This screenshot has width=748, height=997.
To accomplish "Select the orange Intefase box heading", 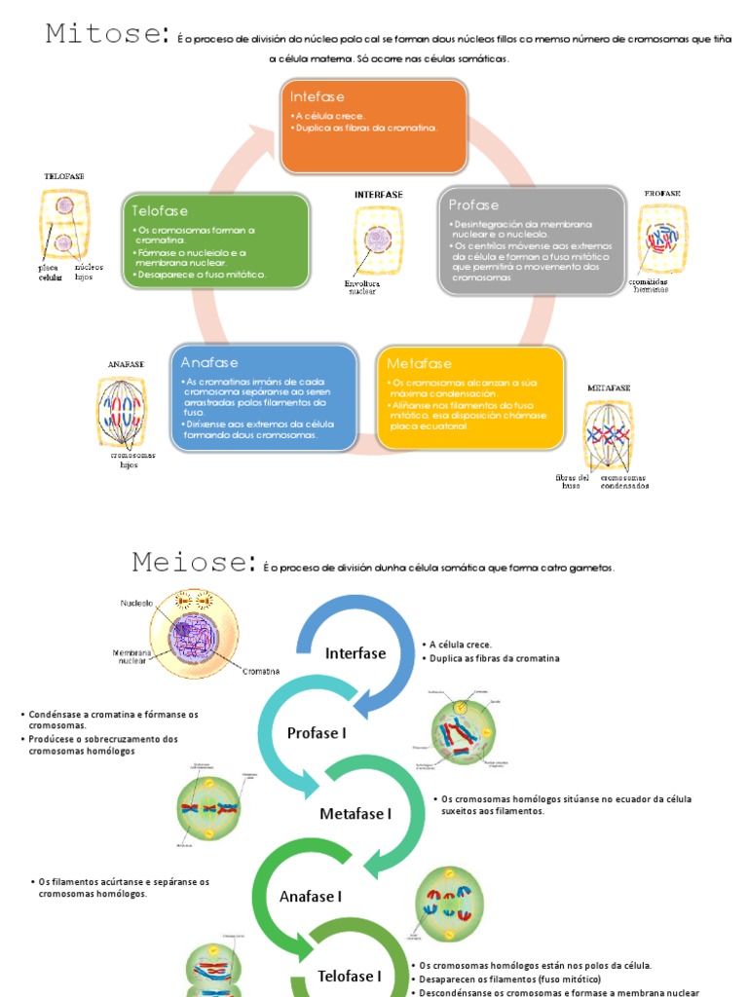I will [318, 96].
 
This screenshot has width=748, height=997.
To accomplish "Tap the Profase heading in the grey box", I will [473, 204].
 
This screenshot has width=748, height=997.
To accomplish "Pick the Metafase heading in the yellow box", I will [415, 362].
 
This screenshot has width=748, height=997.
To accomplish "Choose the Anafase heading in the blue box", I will [209, 362].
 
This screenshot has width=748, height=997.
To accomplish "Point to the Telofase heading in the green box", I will [161, 210].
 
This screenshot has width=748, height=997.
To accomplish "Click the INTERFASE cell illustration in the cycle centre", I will [378, 240].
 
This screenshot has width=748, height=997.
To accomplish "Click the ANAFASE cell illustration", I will [126, 410].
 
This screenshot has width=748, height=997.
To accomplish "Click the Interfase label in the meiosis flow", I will [355, 653].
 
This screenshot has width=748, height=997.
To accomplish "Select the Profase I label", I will [317, 733].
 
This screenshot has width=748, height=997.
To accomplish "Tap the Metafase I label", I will [355, 814].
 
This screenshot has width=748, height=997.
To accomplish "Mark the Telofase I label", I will [349, 976].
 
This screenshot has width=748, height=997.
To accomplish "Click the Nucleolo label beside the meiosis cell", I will [137, 603].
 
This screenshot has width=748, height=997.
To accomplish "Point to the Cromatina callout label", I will [261, 672].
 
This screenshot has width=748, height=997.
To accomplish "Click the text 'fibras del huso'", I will [572, 481].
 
